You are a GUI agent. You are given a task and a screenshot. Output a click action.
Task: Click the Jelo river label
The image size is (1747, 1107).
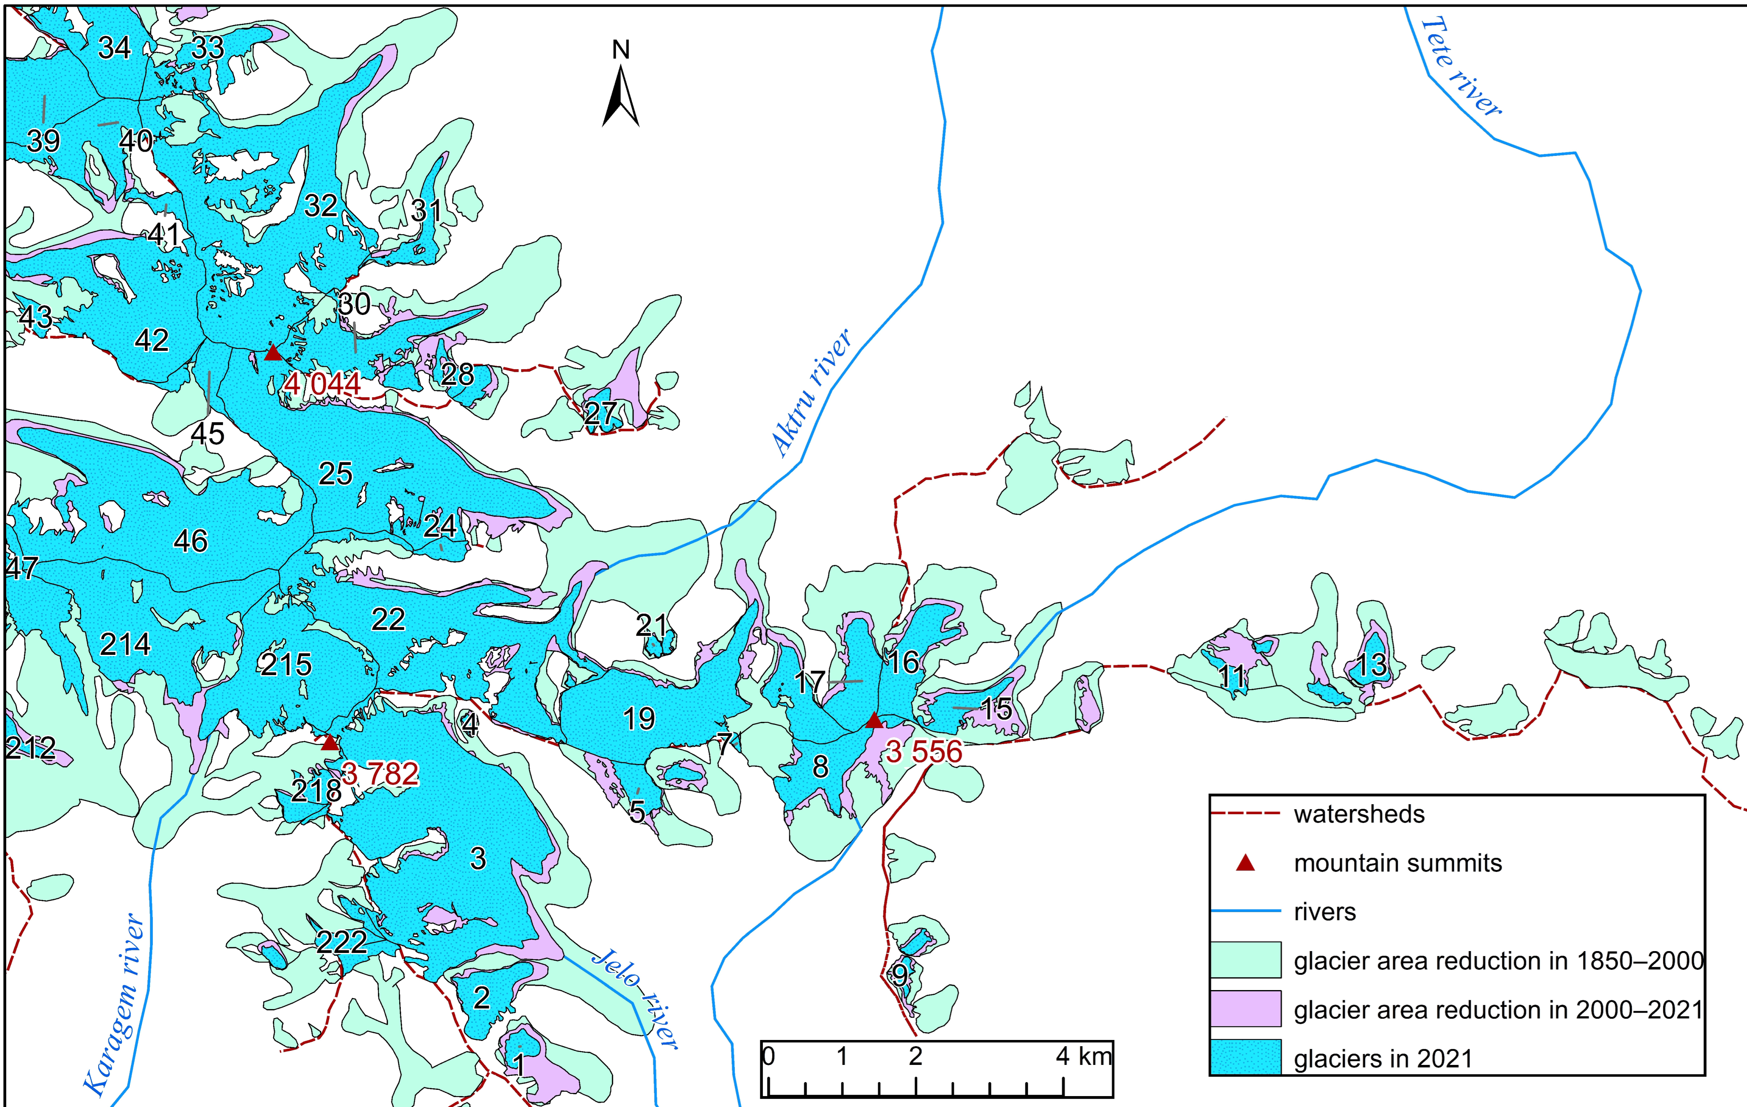(x=635, y=999)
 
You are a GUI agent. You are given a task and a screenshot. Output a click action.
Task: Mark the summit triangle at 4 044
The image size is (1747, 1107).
(x=273, y=353)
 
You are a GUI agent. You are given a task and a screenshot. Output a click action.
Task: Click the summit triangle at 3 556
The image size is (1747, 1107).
(x=874, y=720)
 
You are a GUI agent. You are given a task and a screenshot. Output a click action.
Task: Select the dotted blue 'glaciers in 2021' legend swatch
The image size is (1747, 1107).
(x=1245, y=1057)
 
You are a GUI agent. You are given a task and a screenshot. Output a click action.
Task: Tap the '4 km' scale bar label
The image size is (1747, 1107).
(x=1083, y=1056)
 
